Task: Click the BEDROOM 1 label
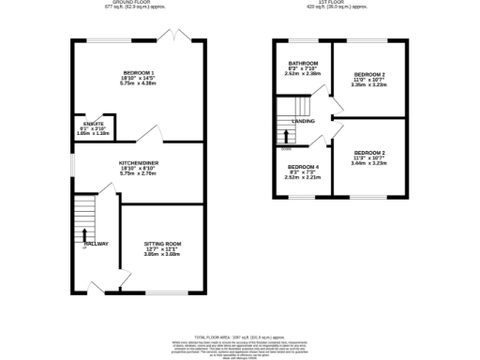tap(139, 72)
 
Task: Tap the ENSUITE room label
tap(94, 123)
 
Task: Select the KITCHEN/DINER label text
tap(139, 162)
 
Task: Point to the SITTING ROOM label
tap(161, 243)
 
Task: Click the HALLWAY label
tap(97, 244)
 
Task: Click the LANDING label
tap(303, 122)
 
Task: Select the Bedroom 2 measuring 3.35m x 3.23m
tap(369, 74)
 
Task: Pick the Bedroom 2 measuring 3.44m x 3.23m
tap(369, 152)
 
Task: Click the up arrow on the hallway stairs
tap(85, 235)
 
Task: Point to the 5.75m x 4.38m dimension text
tap(139, 83)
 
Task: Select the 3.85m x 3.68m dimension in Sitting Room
tap(161, 254)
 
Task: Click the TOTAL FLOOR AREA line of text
tap(240, 335)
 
